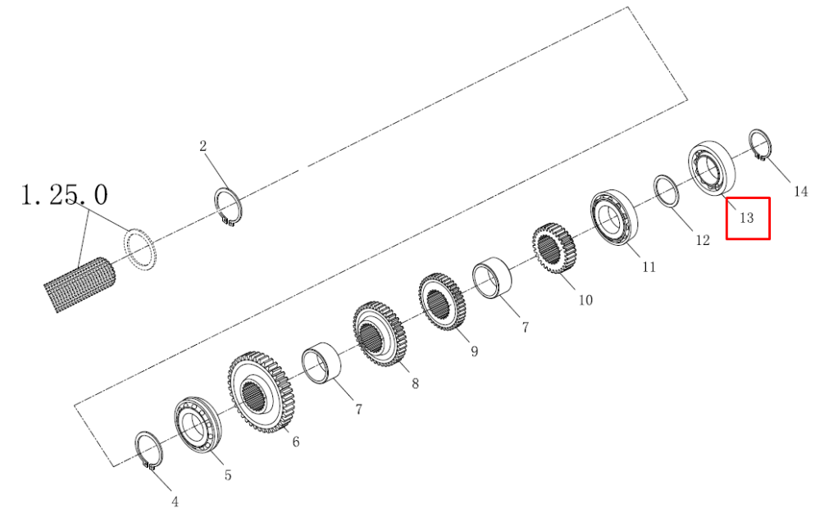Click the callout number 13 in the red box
click(746, 217)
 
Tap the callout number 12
click(703, 240)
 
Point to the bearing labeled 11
click(614, 218)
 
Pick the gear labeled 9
click(442, 302)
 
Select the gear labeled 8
click(380, 334)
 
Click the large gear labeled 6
click(261, 392)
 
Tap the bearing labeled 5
click(198, 425)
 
